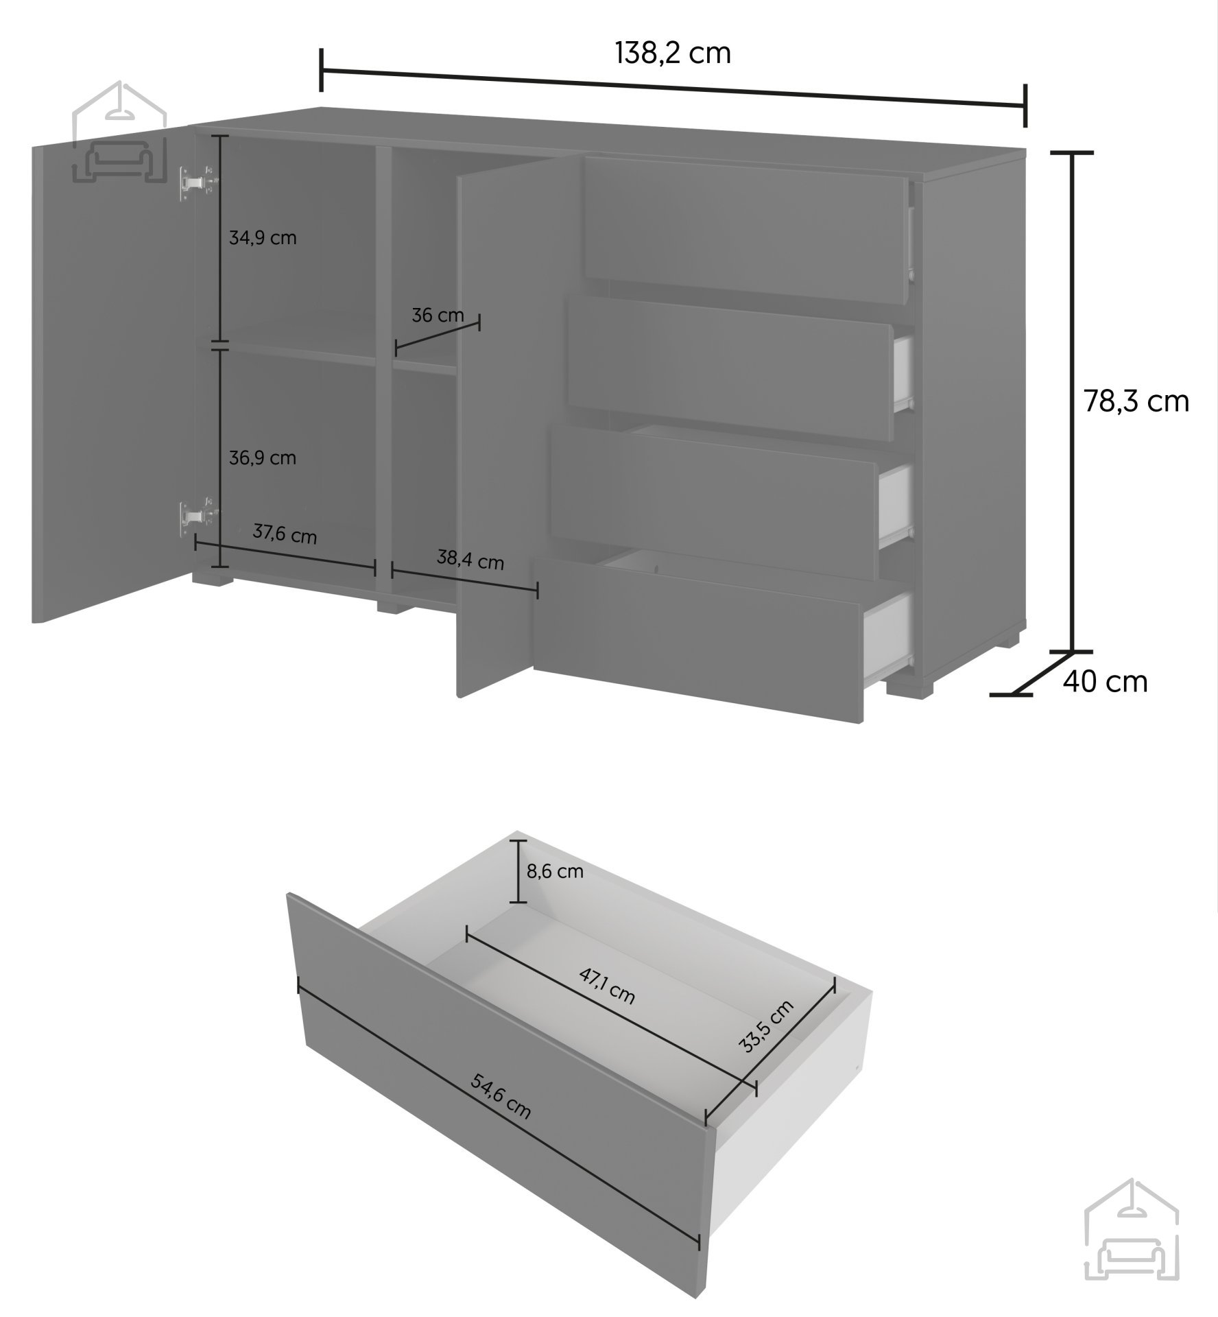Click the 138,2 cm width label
(x=673, y=53)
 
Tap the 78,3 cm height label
(x=1136, y=401)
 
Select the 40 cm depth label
(x=1105, y=682)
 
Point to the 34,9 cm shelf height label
(x=263, y=239)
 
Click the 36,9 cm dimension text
(x=263, y=458)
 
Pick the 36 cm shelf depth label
(x=438, y=316)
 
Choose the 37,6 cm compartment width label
(x=285, y=534)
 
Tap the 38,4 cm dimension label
(x=470, y=560)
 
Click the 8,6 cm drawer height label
(x=555, y=872)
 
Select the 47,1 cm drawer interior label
(x=606, y=986)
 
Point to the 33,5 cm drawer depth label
(x=766, y=1026)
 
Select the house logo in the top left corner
(x=120, y=134)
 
